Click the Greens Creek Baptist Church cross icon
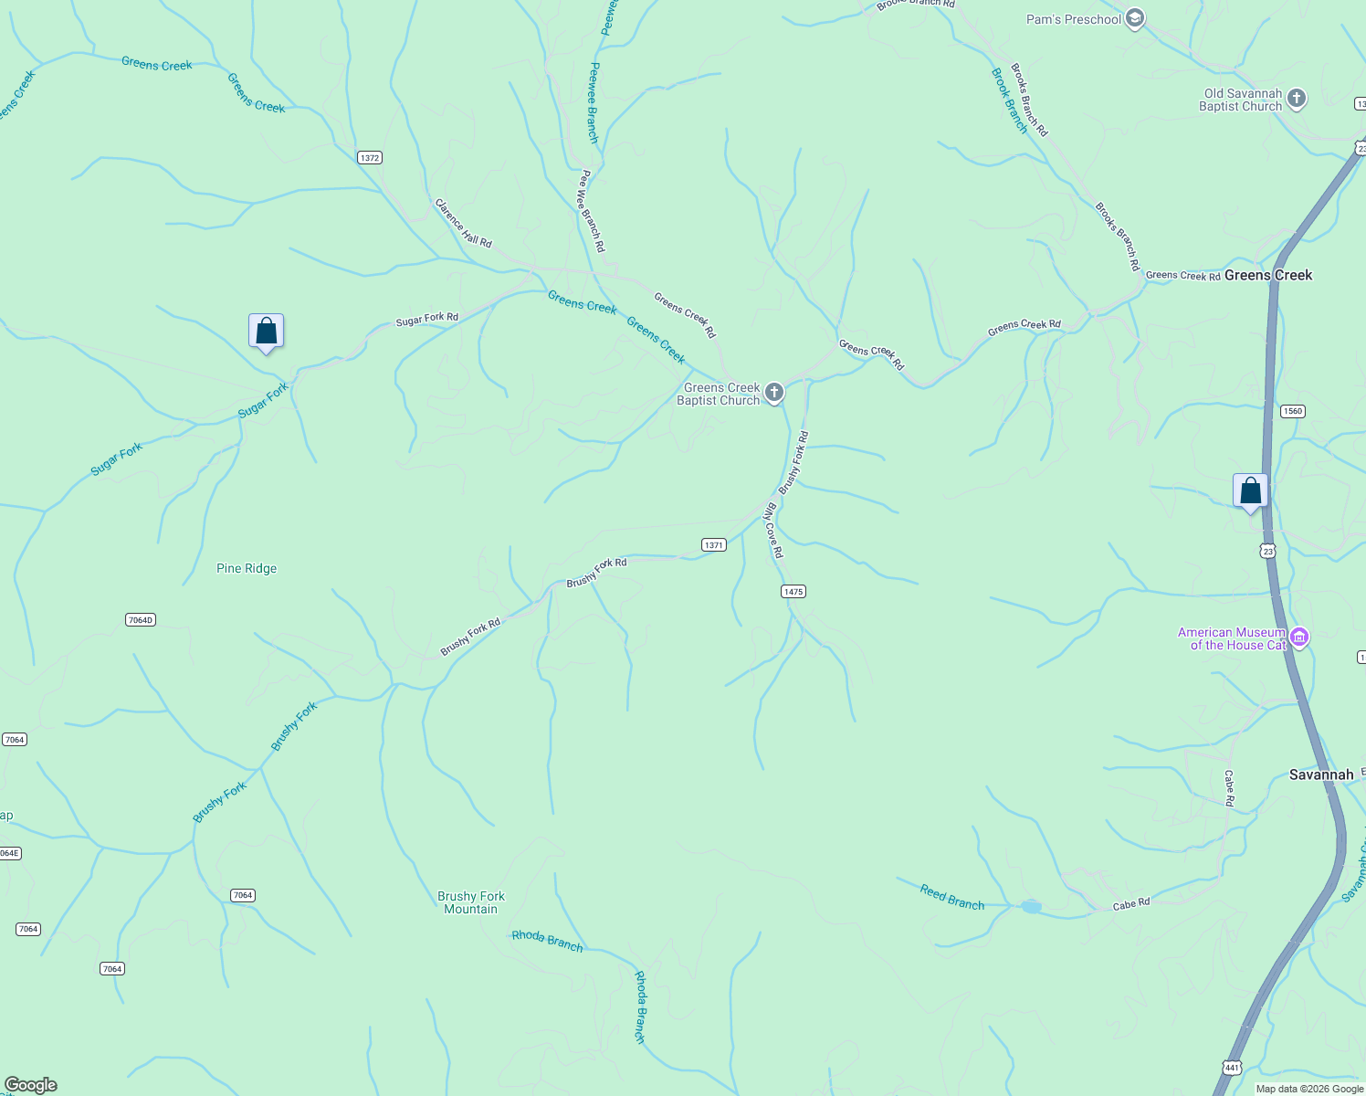pos(774,394)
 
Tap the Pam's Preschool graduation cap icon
pos(1134,18)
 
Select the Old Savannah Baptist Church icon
pos(1297,99)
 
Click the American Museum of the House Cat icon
pos(1298,638)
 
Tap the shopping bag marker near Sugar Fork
pos(266,332)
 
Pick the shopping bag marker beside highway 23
pos(1250,491)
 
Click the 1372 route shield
pos(369,158)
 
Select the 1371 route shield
pos(713,545)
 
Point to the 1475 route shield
pos(793,592)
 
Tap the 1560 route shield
pos(1292,411)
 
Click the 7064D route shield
pos(140,620)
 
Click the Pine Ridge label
pos(247,568)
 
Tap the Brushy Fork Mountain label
pos(470,902)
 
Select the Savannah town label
pos(1320,775)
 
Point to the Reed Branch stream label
pos(951,898)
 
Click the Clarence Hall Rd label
pos(463,223)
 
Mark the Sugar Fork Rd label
pos(426,319)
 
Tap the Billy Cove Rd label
pos(772,530)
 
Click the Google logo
pos(31,1085)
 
